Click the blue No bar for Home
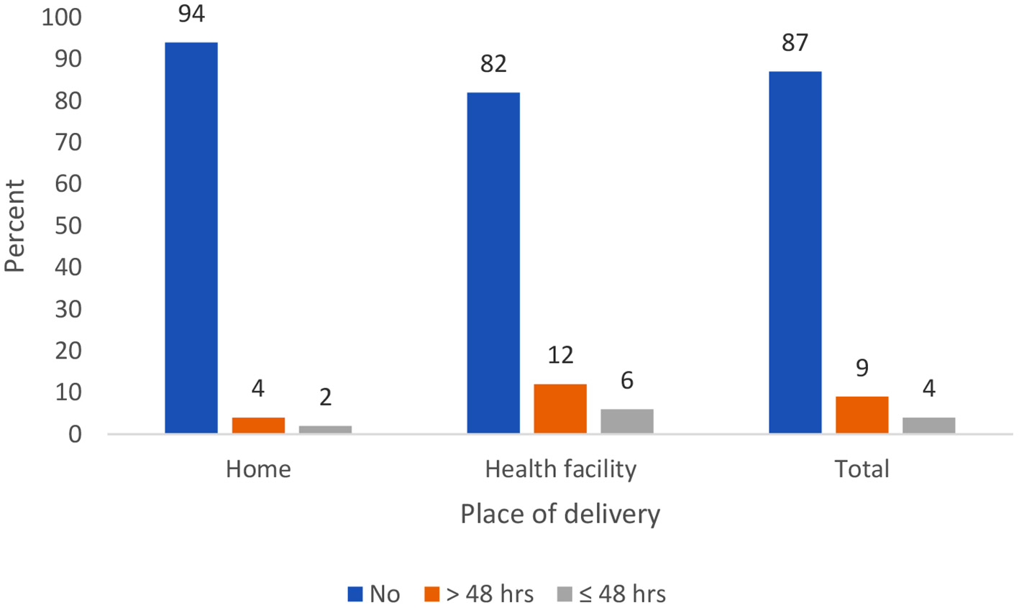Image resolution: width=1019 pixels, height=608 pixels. pos(191,237)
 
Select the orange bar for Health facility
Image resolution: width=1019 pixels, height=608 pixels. pos(560,409)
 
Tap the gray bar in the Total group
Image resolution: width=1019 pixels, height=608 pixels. pos(928,425)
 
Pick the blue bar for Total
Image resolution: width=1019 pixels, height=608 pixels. pos(795,252)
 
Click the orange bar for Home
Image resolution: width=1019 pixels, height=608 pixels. pos(258,425)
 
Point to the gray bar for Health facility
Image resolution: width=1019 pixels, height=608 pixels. pos(627,421)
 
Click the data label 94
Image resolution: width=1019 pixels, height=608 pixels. pos(191,14)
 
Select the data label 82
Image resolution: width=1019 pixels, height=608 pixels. pos(493,64)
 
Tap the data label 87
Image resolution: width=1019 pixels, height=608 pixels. pos(795,43)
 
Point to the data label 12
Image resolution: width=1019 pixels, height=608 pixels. pos(560,355)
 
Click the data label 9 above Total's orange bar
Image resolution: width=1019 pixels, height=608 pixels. pos(862,368)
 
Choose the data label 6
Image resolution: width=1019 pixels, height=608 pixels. pos(627,380)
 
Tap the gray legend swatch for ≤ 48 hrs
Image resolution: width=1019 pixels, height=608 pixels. pos(565,594)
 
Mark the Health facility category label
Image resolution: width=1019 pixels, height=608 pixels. pos(560,469)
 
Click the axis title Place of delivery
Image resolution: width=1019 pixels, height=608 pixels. pos(560,515)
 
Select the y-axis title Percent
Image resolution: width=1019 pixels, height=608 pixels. pos(14,226)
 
